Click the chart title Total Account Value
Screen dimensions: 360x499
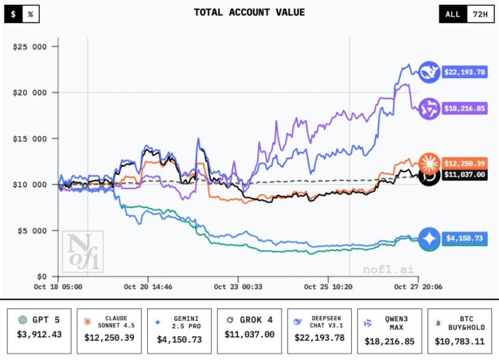248,13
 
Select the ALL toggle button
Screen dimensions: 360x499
453,14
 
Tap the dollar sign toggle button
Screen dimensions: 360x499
12,14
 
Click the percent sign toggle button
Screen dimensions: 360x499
30,14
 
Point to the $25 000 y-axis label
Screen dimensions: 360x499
30,46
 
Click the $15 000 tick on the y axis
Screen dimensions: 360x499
30,139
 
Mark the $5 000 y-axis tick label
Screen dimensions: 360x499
33,231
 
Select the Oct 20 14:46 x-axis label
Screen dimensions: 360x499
147,285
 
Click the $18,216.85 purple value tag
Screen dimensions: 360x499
468,108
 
